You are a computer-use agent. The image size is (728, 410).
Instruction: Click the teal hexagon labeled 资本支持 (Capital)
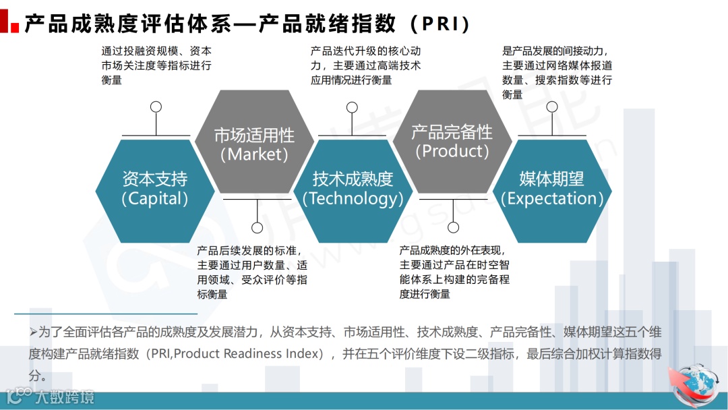pyautogui.click(x=154, y=188)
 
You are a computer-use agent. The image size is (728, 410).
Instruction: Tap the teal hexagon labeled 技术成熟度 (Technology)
pyautogui.click(x=353, y=188)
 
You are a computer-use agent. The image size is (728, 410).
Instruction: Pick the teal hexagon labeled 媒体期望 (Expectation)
pyautogui.click(x=551, y=188)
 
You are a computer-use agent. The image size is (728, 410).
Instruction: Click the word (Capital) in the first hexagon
pyautogui.click(x=154, y=199)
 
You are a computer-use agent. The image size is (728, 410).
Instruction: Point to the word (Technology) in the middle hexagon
pyautogui.click(x=353, y=199)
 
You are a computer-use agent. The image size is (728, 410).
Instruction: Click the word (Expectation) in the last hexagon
pyautogui.click(x=551, y=199)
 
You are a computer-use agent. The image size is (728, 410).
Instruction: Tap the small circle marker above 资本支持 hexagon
pyautogui.click(x=156, y=107)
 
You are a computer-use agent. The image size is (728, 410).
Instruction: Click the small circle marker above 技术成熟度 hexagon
pyautogui.click(x=352, y=107)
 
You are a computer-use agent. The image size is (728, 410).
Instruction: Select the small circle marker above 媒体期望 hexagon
pyautogui.click(x=552, y=107)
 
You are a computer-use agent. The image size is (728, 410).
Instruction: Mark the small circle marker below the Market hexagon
pyautogui.click(x=257, y=227)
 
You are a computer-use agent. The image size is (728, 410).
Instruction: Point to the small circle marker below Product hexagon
pyautogui.click(x=453, y=227)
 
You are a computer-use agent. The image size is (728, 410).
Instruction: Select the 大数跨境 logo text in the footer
pyautogui.click(x=63, y=397)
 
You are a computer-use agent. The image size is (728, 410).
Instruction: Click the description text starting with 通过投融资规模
pyautogui.click(x=156, y=65)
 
